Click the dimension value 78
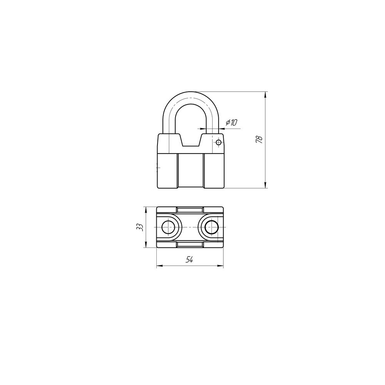pyautogui.click(x=259, y=139)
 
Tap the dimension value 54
pyautogui.click(x=189, y=260)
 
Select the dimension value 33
pyautogui.click(x=140, y=227)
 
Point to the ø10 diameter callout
pyautogui.click(x=231, y=122)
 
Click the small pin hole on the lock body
pyautogui.click(x=218, y=142)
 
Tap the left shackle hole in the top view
pyautogui.click(x=168, y=228)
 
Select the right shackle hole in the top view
pyautogui.click(x=211, y=228)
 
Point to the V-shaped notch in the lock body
pyautogui.click(x=191, y=141)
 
